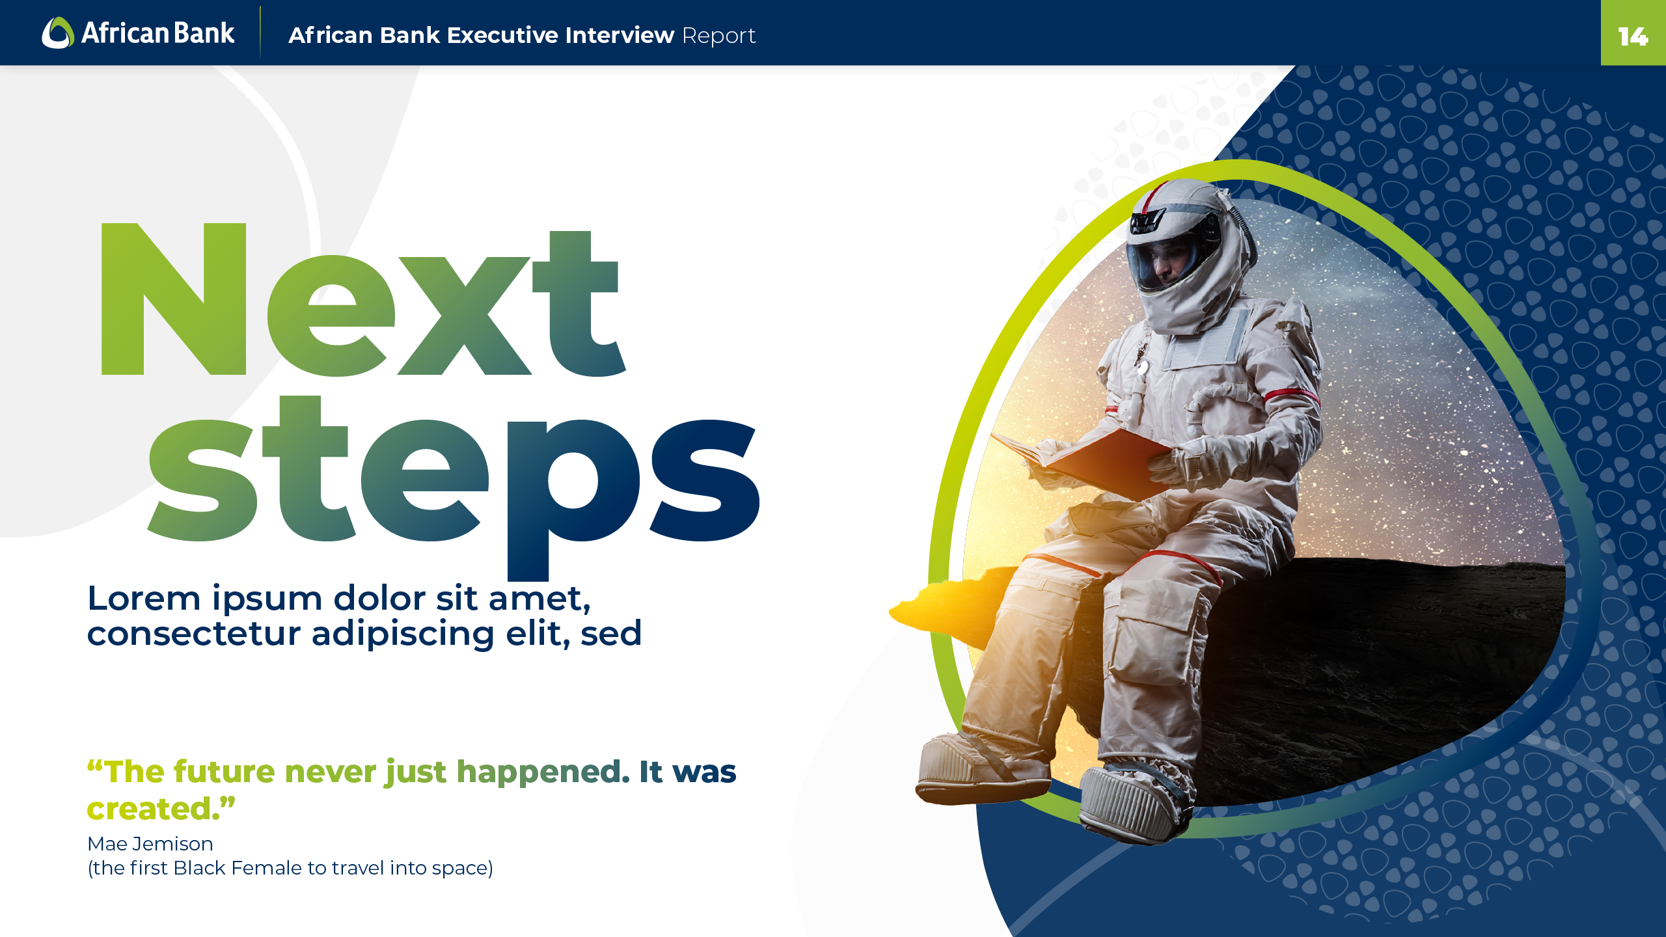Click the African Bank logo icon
[58, 33]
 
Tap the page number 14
[1633, 36]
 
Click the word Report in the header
[719, 36]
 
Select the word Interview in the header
[620, 35]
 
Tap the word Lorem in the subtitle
[144, 598]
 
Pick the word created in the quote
[153, 809]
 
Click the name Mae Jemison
[150, 844]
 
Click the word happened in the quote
[543, 772]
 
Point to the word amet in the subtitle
[539, 599]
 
